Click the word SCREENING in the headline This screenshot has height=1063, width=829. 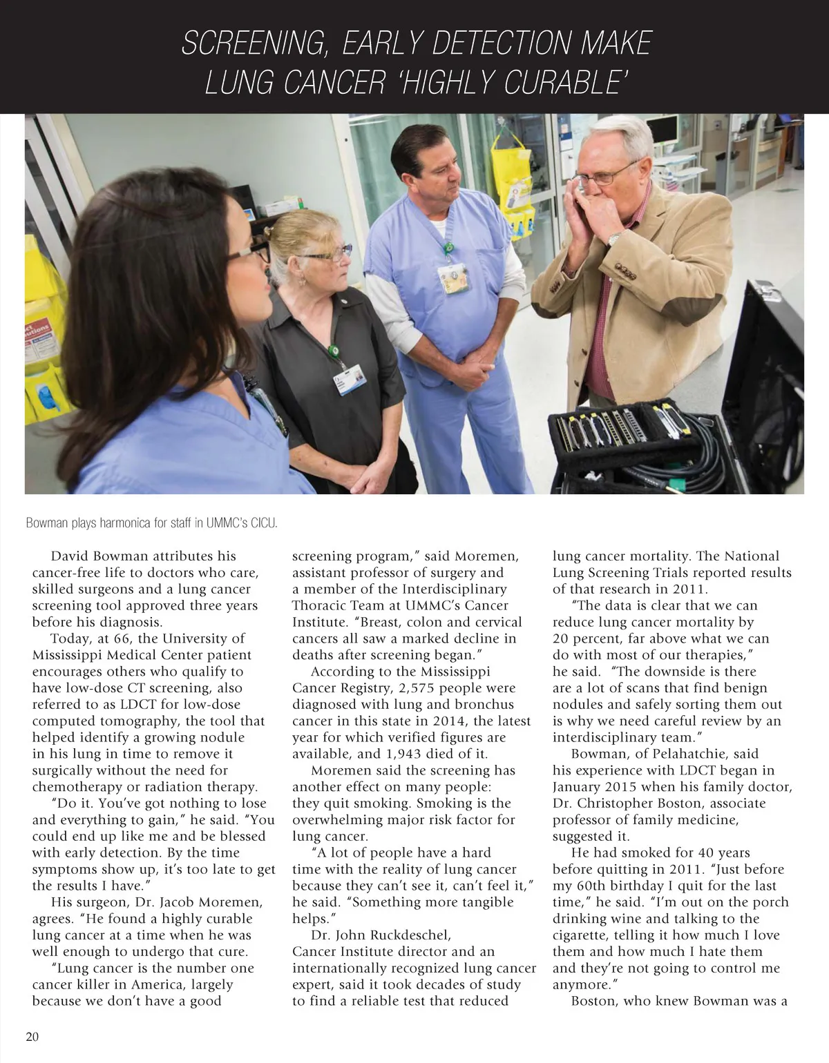(x=249, y=44)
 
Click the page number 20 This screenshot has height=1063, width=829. (x=32, y=1037)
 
